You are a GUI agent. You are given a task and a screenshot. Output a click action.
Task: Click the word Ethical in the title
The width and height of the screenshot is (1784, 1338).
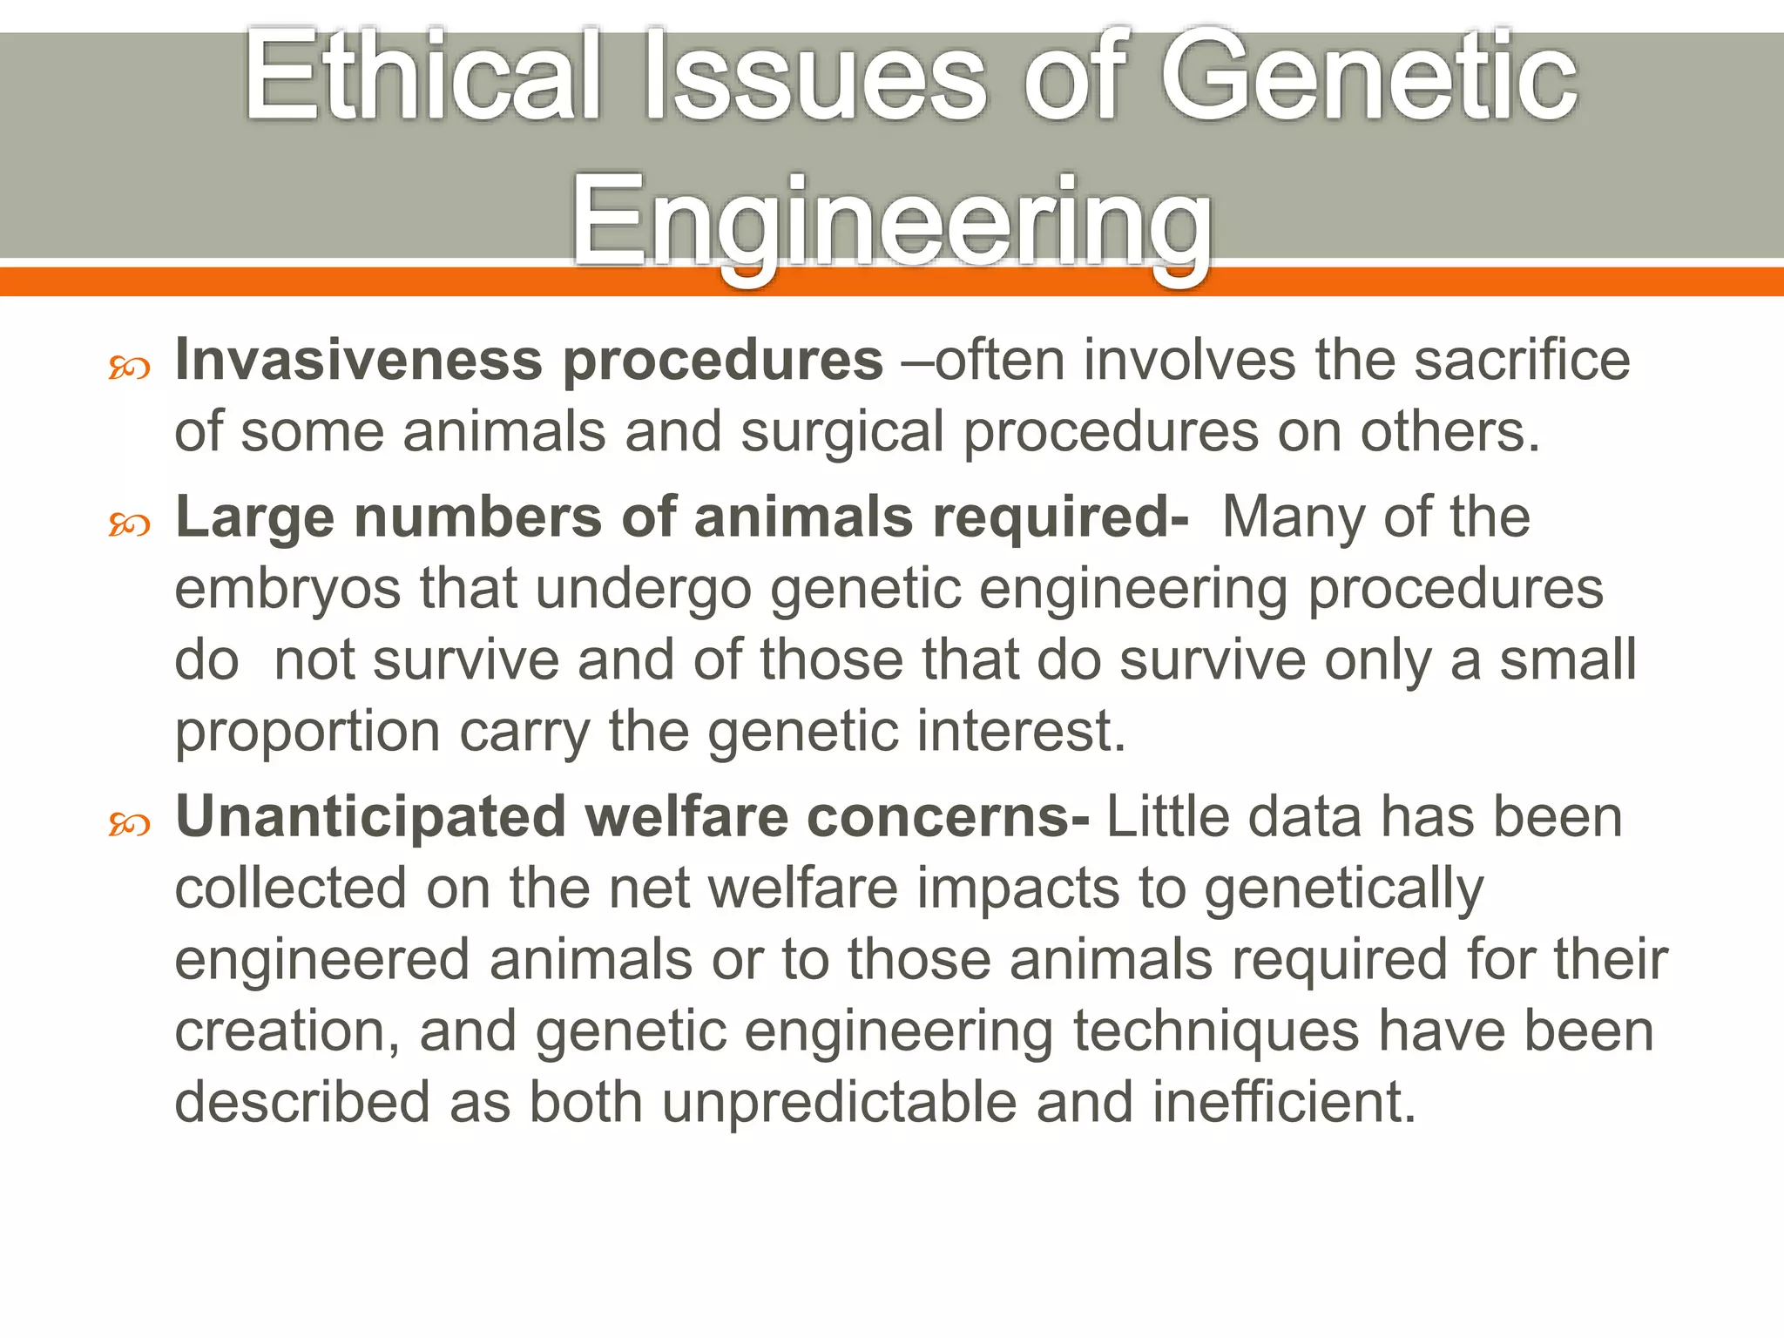(x=422, y=77)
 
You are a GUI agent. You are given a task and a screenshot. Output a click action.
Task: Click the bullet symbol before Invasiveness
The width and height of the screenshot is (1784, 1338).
(x=129, y=369)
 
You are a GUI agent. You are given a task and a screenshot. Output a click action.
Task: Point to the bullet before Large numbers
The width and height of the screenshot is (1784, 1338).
(x=129, y=525)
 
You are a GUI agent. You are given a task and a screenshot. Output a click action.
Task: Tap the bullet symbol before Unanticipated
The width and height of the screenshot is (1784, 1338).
(x=129, y=825)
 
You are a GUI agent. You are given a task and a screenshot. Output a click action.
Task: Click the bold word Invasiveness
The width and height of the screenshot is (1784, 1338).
(x=357, y=360)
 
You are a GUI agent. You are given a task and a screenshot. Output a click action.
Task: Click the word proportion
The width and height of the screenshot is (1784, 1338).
(x=307, y=733)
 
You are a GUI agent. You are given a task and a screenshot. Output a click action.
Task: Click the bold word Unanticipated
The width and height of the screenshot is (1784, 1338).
(x=371, y=818)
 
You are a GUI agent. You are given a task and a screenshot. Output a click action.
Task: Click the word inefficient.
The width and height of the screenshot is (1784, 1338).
(x=1284, y=1103)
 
